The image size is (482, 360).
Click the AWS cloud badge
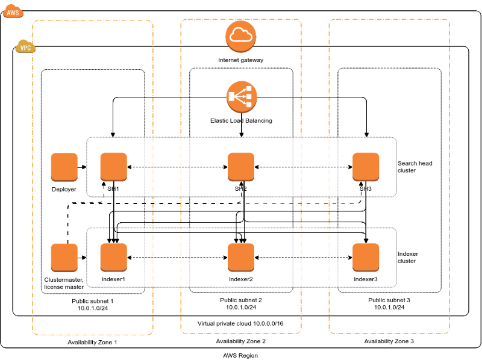pyautogui.click(x=13, y=11)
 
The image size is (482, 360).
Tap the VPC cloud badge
pyautogui.click(x=25, y=47)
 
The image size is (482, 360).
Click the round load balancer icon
pyautogui.click(x=242, y=97)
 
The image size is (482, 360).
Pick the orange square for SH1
pyautogui.click(x=113, y=167)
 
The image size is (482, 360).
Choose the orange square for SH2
pyautogui.click(x=241, y=167)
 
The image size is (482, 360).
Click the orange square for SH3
pyautogui.click(x=366, y=167)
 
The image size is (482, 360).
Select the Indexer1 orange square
pyautogui.click(x=113, y=258)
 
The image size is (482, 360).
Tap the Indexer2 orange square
pyautogui.click(x=241, y=258)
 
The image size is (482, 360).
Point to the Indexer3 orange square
pyautogui.click(x=366, y=258)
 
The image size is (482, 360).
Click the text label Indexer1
pyautogui.click(x=113, y=279)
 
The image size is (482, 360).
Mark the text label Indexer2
pyautogui.click(x=241, y=279)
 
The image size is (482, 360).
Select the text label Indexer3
pyautogui.click(x=366, y=279)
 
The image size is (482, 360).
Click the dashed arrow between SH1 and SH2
pyautogui.click(x=177, y=167)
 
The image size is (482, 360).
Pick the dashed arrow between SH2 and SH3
pyautogui.click(x=303, y=167)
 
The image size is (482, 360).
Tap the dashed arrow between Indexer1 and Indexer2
pyautogui.click(x=177, y=258)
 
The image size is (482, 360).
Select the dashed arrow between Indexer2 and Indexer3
pyautogui.click(x=303, y=258)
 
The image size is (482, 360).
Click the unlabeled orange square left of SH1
pyautogui.click(x=64, y=167)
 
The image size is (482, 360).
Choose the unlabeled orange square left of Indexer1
pyautogui.click(x=64, y=258)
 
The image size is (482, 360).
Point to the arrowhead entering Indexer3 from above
pyautogui.click(x=366, y=241)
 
